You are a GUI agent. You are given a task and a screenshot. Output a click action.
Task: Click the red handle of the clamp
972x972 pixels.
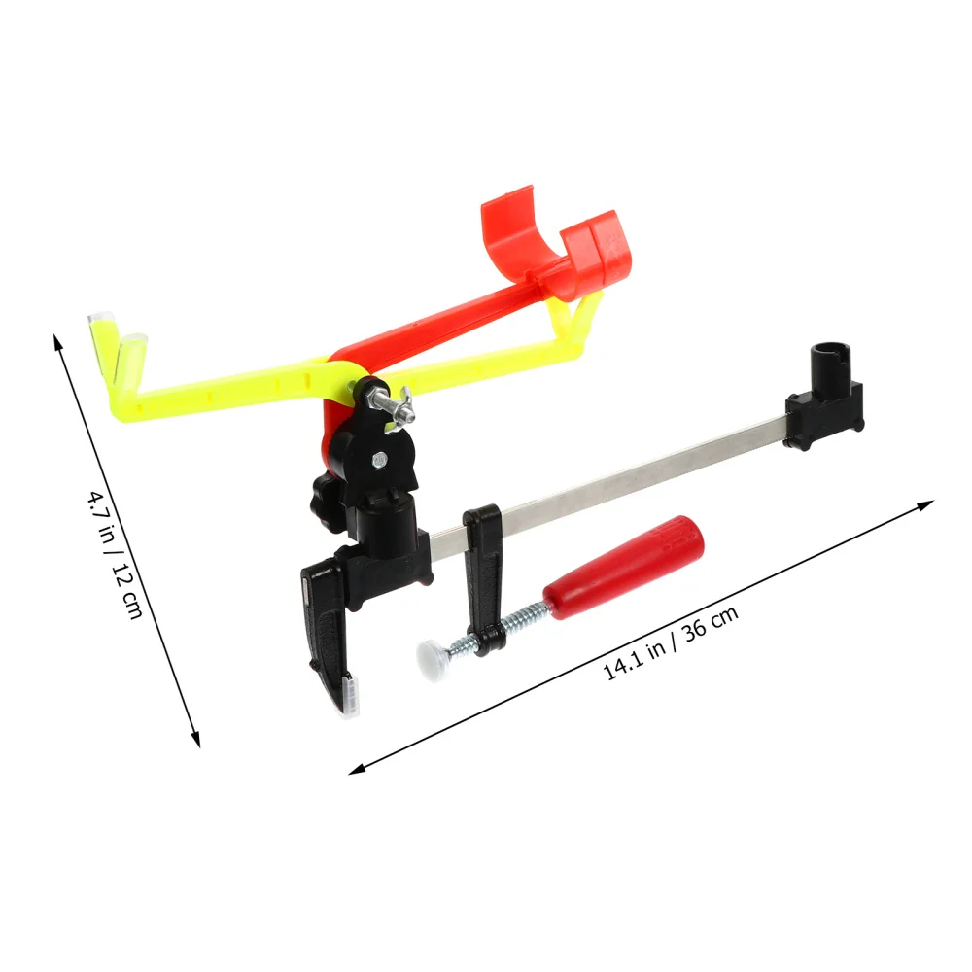point(622,564)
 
